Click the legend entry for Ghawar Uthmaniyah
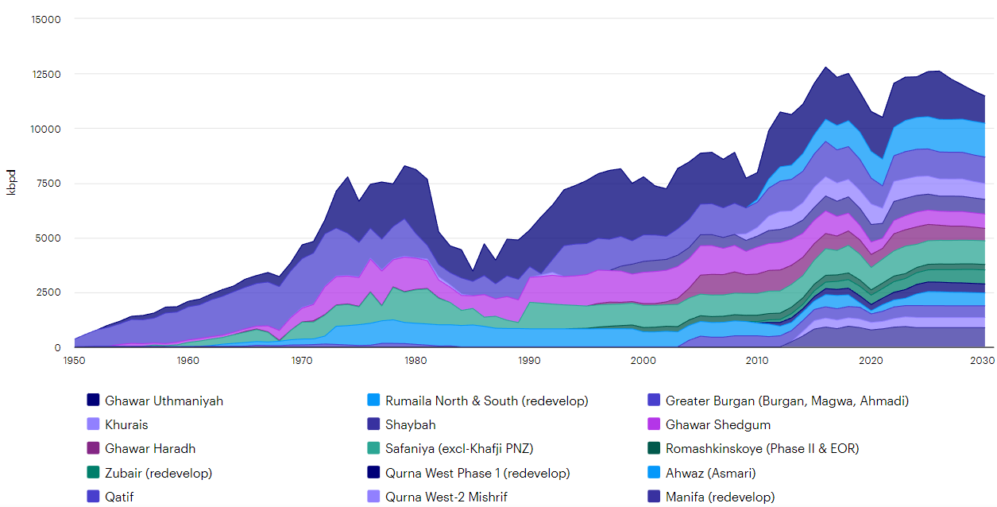164,401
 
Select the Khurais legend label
126,425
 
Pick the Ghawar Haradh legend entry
149,449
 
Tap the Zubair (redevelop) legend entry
158,473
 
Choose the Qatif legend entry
120,497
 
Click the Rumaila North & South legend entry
486,401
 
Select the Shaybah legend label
410,425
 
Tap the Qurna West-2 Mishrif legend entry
446,497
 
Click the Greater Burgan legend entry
786,401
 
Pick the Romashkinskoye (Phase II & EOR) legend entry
762,449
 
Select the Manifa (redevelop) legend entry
720,497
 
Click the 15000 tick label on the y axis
44,19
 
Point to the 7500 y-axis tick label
48,184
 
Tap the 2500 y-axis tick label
48,293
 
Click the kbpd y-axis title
11,183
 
